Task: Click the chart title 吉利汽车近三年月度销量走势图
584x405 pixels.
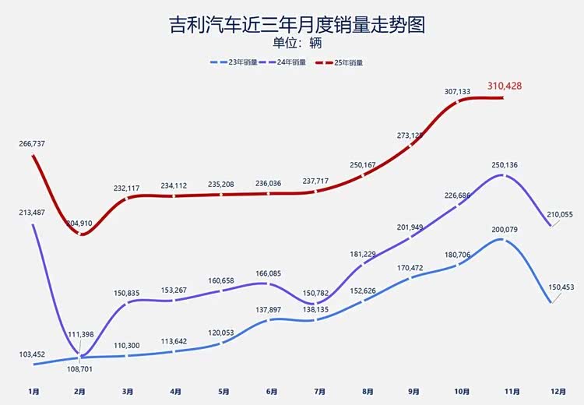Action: pos(292,26)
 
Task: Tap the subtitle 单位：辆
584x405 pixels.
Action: pos(292,43)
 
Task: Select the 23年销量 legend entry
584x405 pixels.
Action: pos(237,62)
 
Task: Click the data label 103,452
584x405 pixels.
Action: pos(32,354)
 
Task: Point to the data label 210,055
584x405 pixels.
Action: pos(558,215)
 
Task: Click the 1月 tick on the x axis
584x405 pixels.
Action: pos(33,391)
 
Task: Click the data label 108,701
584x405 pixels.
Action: pos(79,369)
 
